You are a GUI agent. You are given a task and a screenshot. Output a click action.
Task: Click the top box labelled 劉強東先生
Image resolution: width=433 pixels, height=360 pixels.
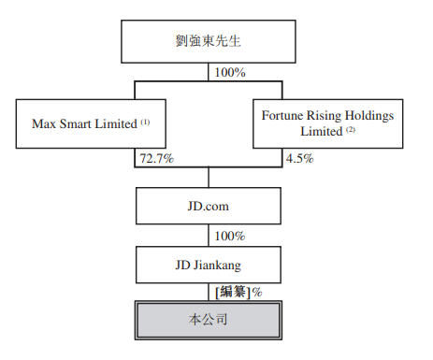coord(208,41)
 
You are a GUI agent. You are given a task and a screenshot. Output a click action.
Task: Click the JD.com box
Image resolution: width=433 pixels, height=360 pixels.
coord(208,205)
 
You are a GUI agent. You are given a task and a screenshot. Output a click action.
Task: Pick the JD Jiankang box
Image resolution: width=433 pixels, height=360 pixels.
coord(208,265)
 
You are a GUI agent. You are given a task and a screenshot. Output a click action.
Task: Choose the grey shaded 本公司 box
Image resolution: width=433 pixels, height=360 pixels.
coord(208,320)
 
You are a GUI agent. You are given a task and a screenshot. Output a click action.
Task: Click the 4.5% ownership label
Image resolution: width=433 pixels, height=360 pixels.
coord(298,159)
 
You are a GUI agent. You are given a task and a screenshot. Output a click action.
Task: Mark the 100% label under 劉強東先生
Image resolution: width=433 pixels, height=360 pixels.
coord(229,71)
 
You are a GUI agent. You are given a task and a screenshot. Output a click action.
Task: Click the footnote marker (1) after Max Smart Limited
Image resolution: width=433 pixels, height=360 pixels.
coord(146,121)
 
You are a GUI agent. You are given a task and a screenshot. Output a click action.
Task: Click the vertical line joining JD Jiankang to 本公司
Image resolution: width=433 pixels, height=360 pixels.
coord(208,292)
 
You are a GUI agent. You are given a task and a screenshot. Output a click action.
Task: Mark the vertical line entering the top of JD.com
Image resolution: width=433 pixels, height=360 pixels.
coord(208,178)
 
